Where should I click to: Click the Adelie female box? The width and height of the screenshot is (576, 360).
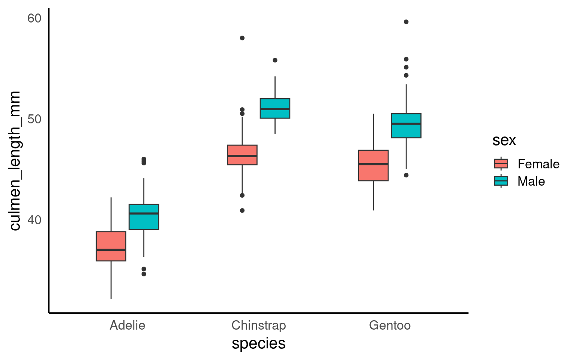coord(111,246)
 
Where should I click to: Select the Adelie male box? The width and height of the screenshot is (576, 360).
coord(144,217)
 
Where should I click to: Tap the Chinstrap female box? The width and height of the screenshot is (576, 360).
coord(242,154)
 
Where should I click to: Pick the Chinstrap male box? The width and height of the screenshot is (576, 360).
coord(275,108)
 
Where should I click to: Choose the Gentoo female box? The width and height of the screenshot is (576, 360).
coord(373,165)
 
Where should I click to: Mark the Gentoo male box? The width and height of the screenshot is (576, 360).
coord(406,126)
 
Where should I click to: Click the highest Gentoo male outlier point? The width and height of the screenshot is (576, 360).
coord(406,22)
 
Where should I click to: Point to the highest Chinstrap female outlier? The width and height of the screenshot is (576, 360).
coord(242,38)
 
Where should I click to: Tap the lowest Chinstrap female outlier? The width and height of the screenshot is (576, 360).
coord(242,210)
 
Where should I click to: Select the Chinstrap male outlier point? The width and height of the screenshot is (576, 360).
coord(275,60)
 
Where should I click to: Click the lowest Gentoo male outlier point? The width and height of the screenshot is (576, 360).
coord(406,175)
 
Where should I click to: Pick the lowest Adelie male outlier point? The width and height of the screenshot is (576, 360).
coord(144,274)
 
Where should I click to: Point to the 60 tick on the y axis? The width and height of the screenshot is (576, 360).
coord(34,18)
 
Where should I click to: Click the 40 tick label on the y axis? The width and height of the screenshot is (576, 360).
coord(34,219)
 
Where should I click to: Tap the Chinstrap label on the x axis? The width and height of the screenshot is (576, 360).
coord(259,325)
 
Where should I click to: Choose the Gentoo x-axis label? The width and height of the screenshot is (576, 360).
coord(390,325)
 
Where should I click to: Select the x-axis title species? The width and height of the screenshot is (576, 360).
coord(259,343)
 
